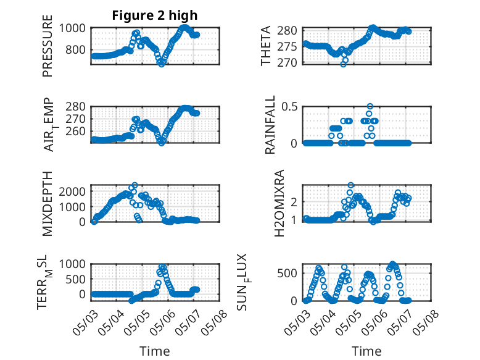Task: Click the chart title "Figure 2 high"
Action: point(155,15)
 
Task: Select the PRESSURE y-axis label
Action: point(48,46)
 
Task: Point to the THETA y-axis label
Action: point(266,46)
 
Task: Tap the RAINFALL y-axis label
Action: point(270,125)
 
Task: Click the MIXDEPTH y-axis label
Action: point(48,204)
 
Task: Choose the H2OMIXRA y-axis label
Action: point(279,203)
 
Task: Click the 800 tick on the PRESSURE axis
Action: point(75,49)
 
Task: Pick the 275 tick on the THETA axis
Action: point(287,46)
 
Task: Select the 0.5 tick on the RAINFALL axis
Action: point(289,107)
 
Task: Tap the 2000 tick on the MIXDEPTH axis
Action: point(72,192)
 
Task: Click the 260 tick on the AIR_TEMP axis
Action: point(75,131)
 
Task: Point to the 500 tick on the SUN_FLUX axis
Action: point(287,273)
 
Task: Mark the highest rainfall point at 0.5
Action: point(370,106)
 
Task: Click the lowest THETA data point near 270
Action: point(343,64)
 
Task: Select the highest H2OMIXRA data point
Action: point(351,185)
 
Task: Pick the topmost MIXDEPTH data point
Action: point(134,185)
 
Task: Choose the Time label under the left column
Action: point(155,351)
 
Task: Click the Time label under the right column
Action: point(366,351)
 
